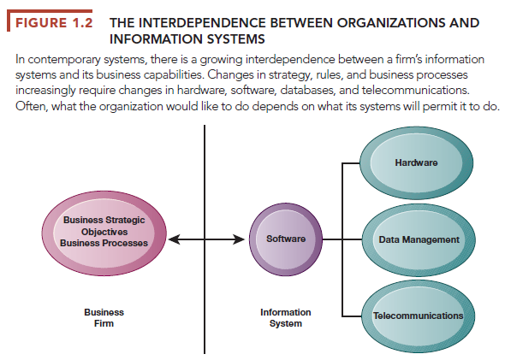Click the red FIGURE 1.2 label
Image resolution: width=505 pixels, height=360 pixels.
coord(54,23)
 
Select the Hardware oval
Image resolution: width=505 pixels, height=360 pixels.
coord(417,162)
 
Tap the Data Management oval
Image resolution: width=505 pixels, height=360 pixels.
coord(419,240)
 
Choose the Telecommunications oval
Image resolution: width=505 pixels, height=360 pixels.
coord(419,316)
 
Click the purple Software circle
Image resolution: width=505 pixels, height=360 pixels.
coord(286,239)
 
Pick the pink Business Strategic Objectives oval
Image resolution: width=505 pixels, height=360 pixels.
coord(104,233)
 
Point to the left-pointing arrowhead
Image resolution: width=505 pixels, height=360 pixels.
coord(175,239)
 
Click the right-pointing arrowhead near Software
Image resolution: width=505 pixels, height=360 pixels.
coord(239,239)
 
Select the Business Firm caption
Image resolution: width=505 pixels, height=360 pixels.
coord(104,318)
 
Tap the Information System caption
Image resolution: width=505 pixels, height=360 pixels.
coord(286,318)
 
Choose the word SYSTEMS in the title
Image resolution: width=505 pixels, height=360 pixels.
coord(235,39)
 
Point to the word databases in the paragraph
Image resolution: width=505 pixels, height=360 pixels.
coord(307,90)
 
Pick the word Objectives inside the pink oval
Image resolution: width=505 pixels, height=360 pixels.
coord(104,232)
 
